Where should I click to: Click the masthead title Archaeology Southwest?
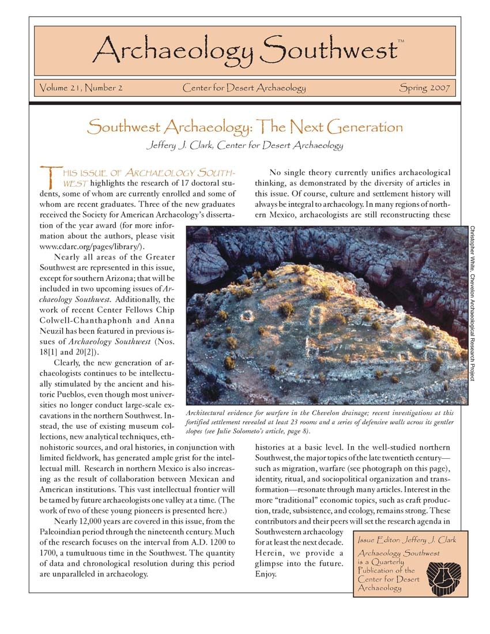click(244, 50)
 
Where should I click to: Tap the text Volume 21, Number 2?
click(81, 88)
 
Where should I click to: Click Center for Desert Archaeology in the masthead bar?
click(244, 88)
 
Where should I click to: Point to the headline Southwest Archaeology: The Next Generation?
click(244, 127)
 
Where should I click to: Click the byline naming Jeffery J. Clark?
click(244, 145)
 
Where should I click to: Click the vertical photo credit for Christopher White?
click(472, 303)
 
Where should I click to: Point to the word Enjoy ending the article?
click(266, 575)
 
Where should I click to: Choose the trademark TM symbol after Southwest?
click(401, 41)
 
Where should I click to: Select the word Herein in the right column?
click(269, 553)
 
